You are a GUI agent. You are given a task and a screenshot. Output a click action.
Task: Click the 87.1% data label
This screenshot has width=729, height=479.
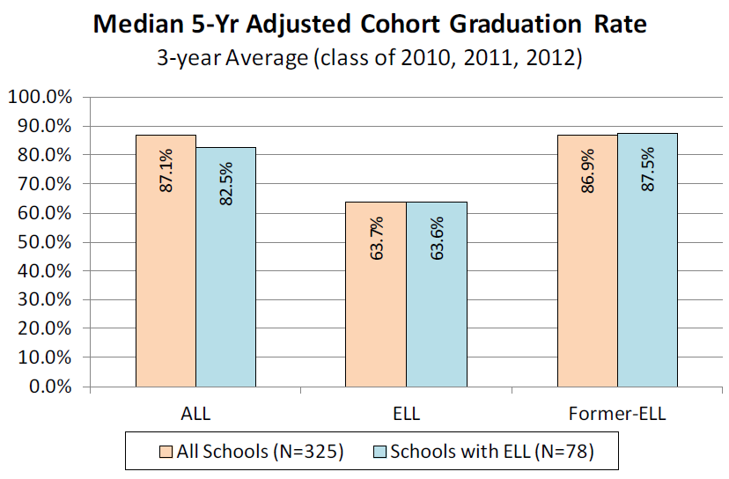point(166,171)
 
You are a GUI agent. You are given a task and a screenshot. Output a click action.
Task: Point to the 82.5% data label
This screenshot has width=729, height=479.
point(226,183)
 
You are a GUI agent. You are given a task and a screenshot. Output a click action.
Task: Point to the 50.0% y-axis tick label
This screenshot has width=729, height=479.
point(44,242)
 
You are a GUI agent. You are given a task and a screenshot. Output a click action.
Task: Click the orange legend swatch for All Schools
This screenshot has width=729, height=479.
point(166,453)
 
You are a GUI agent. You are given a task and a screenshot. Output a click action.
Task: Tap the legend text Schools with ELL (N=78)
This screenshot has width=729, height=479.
point(492,453)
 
